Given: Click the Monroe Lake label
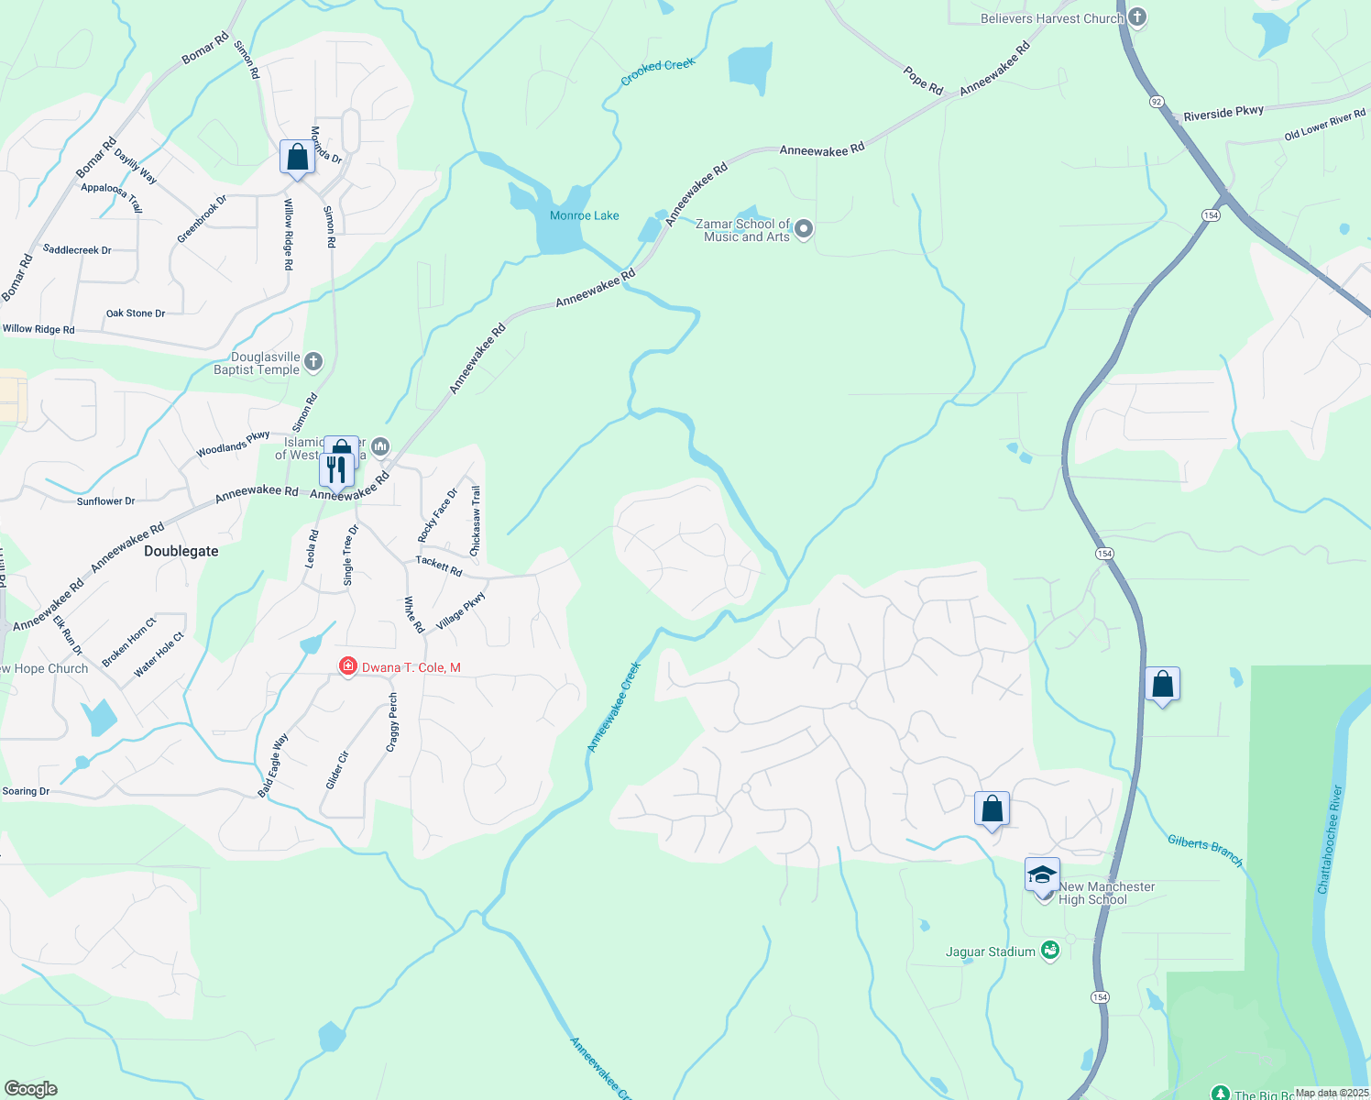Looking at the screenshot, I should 584,215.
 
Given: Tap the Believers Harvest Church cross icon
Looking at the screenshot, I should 1137,17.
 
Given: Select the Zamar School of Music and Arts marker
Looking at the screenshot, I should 804,229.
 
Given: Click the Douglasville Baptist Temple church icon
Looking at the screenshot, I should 313,362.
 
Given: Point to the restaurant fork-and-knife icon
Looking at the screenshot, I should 335,470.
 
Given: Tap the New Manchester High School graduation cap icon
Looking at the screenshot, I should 1042,875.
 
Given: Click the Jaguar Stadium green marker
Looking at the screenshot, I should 1050,951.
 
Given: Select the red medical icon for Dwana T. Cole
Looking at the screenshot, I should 347,666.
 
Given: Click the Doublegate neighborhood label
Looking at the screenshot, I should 181,551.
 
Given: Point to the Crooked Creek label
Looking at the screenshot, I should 658,71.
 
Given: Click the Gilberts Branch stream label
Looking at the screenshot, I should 1205,851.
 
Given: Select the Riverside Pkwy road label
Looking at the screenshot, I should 1223,113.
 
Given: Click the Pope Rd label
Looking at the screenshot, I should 923,81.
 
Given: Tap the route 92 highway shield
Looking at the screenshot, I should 1157,102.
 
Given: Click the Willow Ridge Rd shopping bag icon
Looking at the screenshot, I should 297,158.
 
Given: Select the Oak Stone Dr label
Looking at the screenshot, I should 136,313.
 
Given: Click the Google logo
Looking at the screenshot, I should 30,1089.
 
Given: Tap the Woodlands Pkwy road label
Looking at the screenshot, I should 233,444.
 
